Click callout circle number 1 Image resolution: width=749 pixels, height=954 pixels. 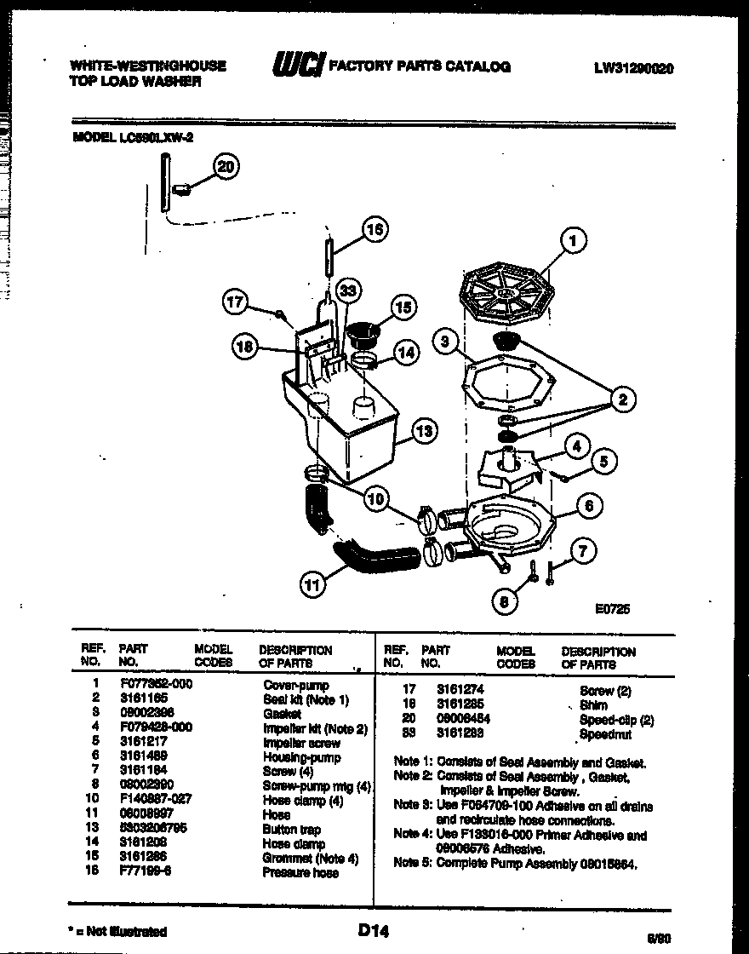573,242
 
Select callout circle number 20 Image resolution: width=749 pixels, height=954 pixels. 226,168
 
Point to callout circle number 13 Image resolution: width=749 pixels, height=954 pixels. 423,433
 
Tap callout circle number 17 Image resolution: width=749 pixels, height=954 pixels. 236,301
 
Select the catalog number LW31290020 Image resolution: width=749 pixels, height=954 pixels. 633,68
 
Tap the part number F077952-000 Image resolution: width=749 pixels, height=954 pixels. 155,685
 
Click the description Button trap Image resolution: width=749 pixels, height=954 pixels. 290,830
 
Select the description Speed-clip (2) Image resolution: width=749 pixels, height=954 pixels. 616,720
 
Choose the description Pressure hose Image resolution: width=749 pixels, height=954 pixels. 300,873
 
